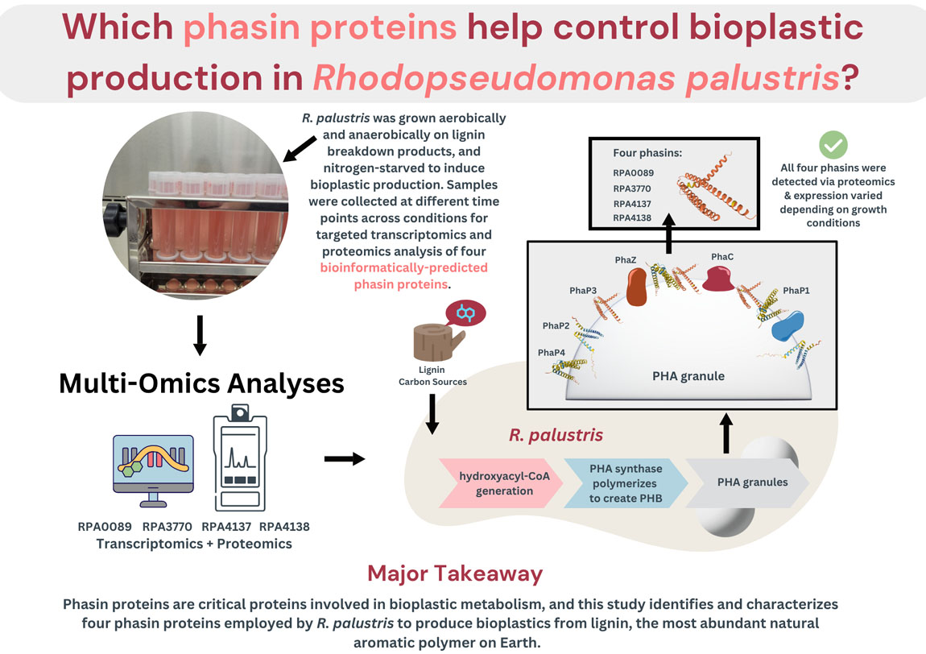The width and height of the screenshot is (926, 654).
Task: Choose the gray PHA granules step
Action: tap(753, 483)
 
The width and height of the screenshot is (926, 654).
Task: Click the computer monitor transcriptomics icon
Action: tap(153, 469)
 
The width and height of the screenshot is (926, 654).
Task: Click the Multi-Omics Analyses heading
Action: tap(201, 383)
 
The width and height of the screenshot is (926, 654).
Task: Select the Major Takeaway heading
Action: tap(455, 573)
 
